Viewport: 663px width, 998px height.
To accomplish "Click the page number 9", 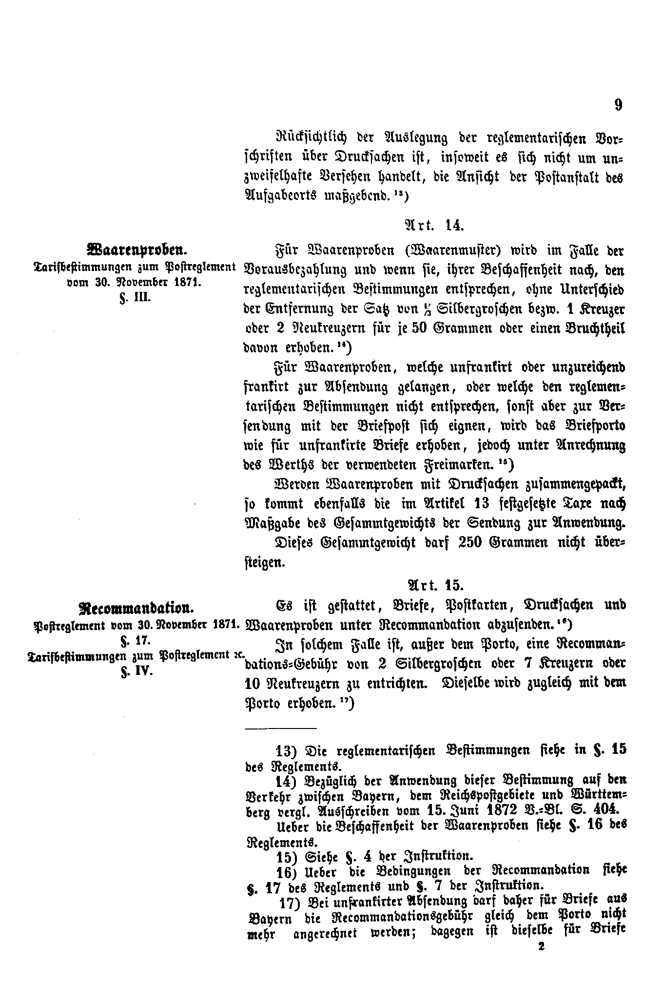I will coord(618,106).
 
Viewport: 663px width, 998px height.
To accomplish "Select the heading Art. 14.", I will coord(433,226).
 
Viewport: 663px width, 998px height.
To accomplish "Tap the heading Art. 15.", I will coord(434,584).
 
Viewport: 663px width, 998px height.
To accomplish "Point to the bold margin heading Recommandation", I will coord(136,609).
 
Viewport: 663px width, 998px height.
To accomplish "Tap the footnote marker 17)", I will coord(290,902).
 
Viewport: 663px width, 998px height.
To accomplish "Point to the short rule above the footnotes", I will coord(280,729).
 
